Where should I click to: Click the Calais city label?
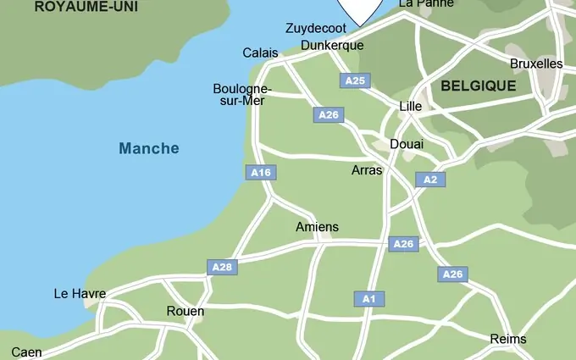[260, 53]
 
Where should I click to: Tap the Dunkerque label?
[332, 45]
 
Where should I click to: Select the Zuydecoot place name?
[315, 28]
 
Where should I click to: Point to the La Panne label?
[426, 4]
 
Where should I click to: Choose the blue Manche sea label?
[149, 149]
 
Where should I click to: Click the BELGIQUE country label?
[478, 86]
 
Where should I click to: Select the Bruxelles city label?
[536, 64]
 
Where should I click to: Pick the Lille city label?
[410, 107]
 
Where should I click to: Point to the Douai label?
[407, 144]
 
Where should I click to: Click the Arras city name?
[367, 170]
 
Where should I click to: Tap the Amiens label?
[317, 227]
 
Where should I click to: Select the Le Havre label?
[80, 294]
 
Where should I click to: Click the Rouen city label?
[185, 312]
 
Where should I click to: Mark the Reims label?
[508, 339]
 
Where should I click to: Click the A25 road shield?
[355, 80]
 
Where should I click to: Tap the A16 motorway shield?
[261, 172]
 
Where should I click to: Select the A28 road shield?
[221, 267]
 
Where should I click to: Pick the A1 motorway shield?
[368, 298]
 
